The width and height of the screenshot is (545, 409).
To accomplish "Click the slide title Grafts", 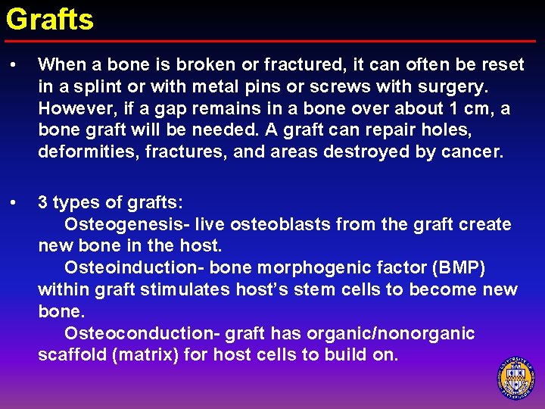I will click(50, 19).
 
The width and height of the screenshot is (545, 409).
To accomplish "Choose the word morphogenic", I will click(312, 268).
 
